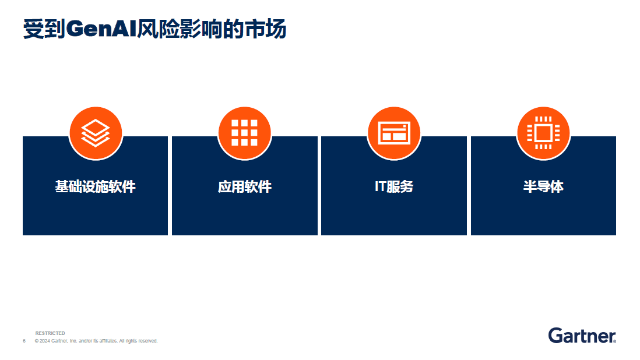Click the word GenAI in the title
coord(101,29)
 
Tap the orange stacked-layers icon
coord(96,133)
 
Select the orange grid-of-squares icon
coord(244,133)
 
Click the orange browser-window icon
coord(394,133)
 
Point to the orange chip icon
coord(543,133)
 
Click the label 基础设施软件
coord(96,187)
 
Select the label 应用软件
coord(244,187)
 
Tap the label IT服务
coord(394,187)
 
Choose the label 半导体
coord(543,187)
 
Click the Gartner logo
coord(582,336)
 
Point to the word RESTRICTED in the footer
coord(50,333)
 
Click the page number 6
coord(24,341)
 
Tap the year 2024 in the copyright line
coord(44,341)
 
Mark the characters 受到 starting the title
coord(44,29)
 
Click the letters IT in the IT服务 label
coord(380,187)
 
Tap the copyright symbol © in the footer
coord(37,341)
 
